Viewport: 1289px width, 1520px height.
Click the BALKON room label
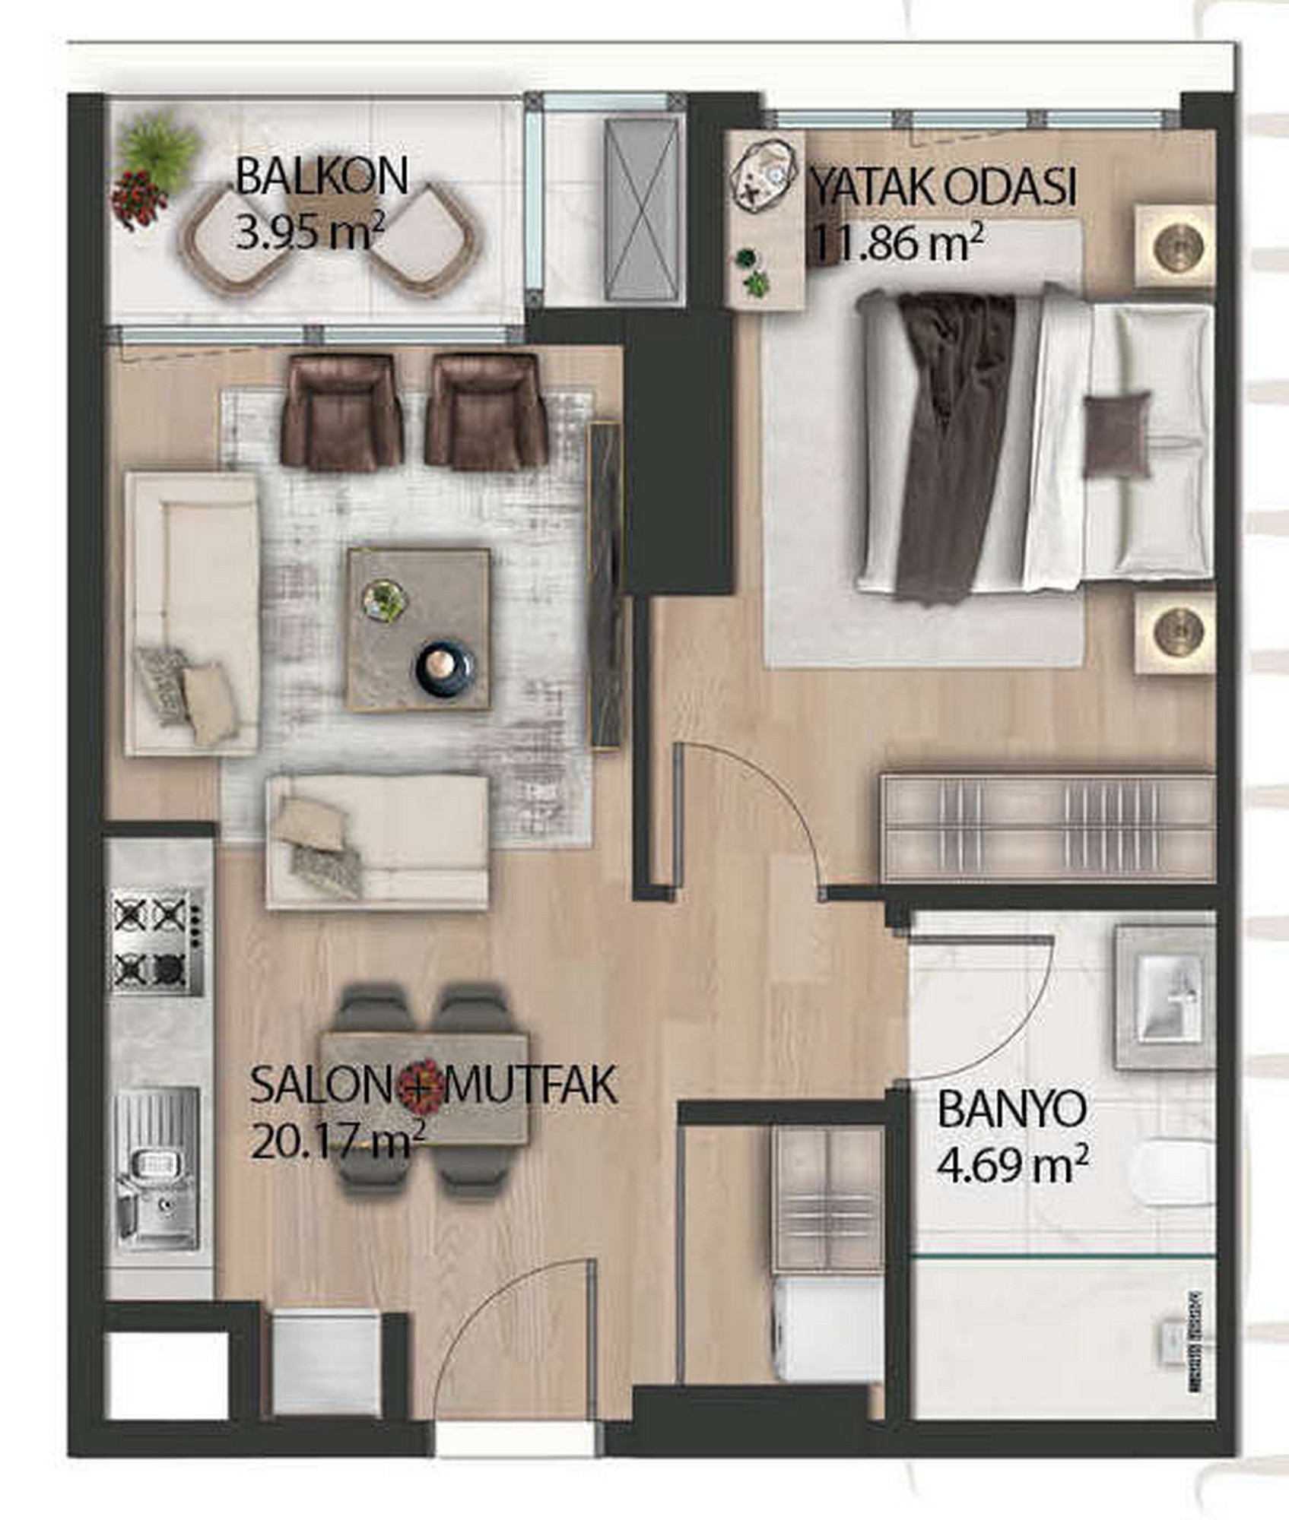point(322,177)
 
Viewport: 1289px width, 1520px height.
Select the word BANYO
point(1011,1111)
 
